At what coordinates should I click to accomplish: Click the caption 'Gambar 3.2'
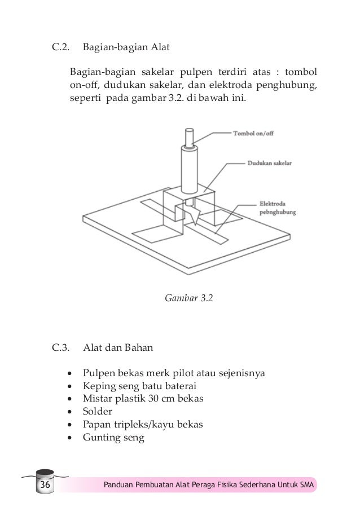pyautogui.click(x=188, y=297)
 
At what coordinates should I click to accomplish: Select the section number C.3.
pyautogui.click(x=61, y=347)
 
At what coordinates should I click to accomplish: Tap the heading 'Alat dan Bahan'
pyautogui.click(x=118, y=347)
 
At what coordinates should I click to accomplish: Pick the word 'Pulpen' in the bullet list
pyautogui.click(x=98, y=373)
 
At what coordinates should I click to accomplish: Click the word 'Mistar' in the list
pyautogui.click(x=97, y=398)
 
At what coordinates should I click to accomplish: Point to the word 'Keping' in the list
pyautogui.click(x=98, y=386)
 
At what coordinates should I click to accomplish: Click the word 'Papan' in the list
pyautogui.click(x=96, y=424)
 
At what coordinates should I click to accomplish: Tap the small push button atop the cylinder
pyautogui.click(x=187, y=136)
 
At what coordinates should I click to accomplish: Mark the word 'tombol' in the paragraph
pyautogui.click(x=301, y=73)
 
